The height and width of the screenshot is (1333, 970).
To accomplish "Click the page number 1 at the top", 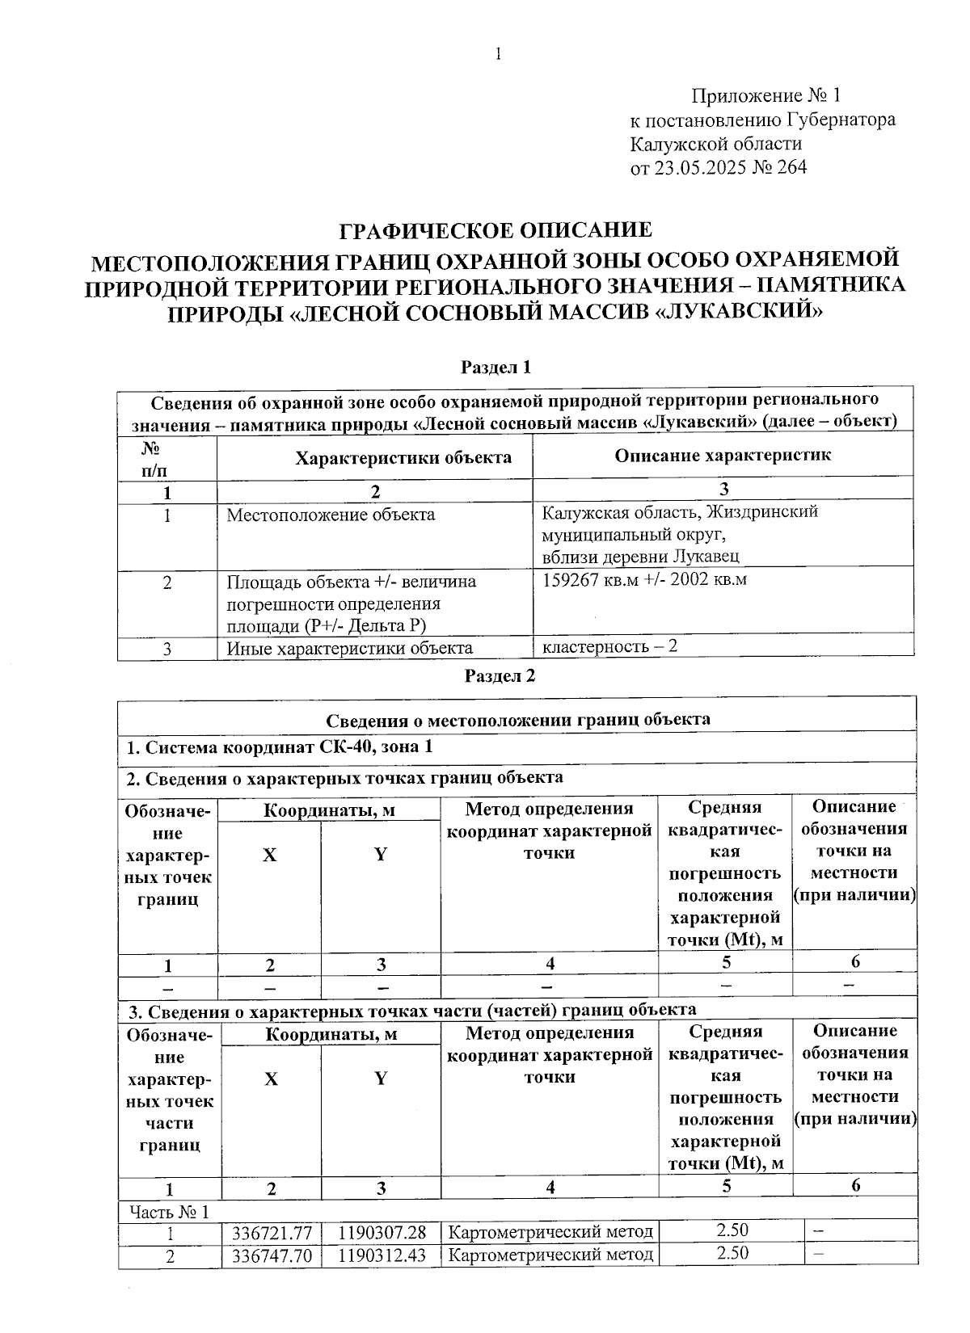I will [x=498, y=54].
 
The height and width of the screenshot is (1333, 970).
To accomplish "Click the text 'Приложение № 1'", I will [x=765, y=96].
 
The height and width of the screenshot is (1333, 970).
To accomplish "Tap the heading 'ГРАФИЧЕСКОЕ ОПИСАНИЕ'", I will [x=495, y=230].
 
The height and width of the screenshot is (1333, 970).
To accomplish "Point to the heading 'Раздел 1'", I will [x=496, y=368].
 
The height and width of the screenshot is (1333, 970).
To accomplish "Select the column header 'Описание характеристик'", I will [x=723, y=455].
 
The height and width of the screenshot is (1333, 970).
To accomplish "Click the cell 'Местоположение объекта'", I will [x=330, y=515].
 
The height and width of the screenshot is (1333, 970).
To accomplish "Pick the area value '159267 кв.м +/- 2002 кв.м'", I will [x=644, y=579].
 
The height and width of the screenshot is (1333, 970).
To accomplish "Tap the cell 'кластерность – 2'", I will [x=609, y=646].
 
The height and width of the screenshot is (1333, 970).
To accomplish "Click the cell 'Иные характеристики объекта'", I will [x=349, y=648].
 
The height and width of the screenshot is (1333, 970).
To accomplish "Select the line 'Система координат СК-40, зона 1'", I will [x=279, y=746].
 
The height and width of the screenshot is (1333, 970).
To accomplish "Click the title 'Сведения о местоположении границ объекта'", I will [x=518, y=719].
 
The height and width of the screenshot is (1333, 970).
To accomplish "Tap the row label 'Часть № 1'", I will [x=169, y=1212].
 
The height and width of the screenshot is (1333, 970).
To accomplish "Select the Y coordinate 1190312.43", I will [x=382, y=1255].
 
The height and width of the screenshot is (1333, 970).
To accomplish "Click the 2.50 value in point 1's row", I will [x=732, y=1230].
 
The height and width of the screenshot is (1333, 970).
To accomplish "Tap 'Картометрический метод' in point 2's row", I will [x=550, y=1255].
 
